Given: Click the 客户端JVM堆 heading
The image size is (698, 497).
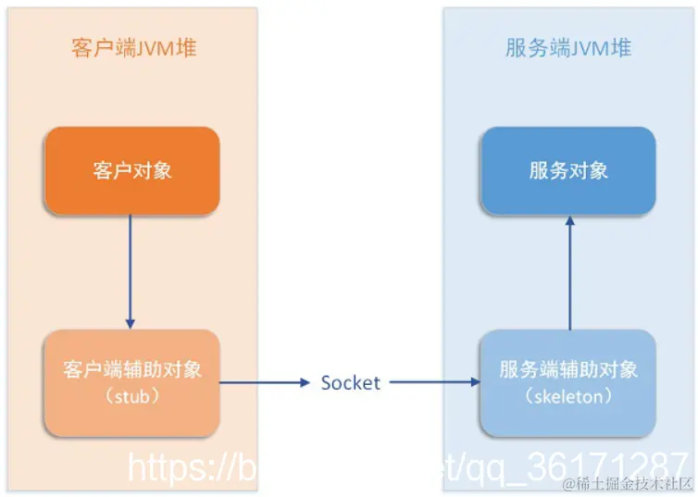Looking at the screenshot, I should click(133, 48).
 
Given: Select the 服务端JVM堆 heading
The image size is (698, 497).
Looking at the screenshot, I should click(567, 48).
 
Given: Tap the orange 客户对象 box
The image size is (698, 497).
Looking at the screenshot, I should click(131, 170).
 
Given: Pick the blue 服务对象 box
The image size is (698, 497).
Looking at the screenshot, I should click(567, 170).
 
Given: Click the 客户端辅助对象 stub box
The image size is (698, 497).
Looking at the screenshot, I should click(131, 382).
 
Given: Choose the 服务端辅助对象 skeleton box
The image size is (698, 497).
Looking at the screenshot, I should click(567, 382).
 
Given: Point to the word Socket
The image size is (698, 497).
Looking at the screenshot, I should click(350, 382).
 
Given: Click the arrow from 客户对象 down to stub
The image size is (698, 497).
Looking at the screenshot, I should click(131, 268).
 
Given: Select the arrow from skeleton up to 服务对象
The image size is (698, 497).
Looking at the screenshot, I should click(568, 273).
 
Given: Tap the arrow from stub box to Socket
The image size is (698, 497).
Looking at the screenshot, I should click(264, 382).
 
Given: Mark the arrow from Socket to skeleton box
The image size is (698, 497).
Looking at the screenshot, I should click(433, 382).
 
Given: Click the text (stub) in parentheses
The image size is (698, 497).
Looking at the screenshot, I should click(131, 396).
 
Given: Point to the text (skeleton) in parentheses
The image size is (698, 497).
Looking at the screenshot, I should click(567, 396).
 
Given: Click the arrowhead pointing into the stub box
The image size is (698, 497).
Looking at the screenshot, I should click(131, 323).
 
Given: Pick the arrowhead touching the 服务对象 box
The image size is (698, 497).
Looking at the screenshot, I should click(568, 221).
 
